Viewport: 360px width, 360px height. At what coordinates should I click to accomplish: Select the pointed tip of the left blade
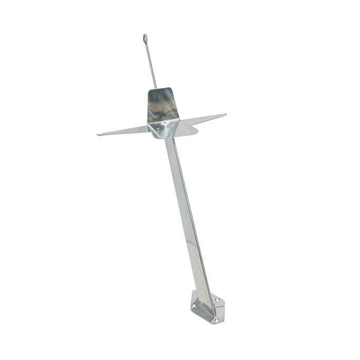coord(98,135)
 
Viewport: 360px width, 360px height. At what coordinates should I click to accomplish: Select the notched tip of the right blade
coord(225,114)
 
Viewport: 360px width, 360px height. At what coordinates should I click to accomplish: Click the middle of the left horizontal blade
coord(123,130)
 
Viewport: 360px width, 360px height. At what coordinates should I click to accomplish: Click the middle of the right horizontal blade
coord(203,120)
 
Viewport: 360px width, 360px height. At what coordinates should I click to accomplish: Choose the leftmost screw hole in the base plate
coord(193,305)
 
